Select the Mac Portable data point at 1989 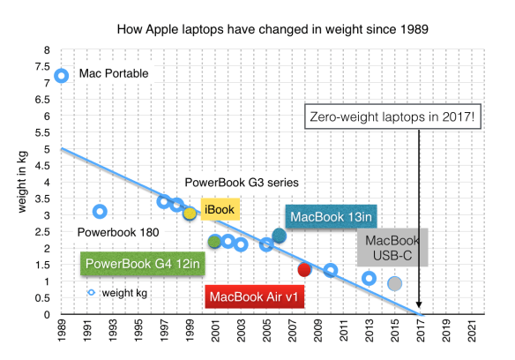pyautogui.click(x=61, y=75)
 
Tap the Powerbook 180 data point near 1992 pyautogui.click(x=100, y=211)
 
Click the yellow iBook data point pyautogui.click(x=190, y=214)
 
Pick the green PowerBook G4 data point pyautogui.click(x=214, y=241)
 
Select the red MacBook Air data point pyautogui.click(x=304, y=269)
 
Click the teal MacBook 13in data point pyautogui.click(x=279, y=236)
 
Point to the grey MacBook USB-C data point pyautogui.click(x=395, y=283)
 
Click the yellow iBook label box pyautogui.click(x=218, y=209)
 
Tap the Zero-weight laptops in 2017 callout pyautogui.click(x=392, y=116)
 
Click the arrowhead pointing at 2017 pyautogui.click(x=421, y=310)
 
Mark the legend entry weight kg pyautogui.click(x=120, y=292)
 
